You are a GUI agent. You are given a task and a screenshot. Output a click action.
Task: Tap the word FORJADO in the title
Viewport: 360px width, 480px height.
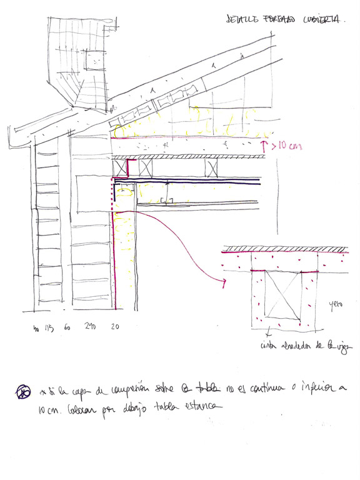tap(279, 20)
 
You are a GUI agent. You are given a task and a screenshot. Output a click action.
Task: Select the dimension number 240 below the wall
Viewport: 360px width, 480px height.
tap(90, 327)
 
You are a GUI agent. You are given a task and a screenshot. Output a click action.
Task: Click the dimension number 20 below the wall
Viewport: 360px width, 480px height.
tap(114, 327)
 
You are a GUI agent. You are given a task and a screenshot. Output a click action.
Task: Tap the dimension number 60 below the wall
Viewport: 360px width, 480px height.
tap(66, 327)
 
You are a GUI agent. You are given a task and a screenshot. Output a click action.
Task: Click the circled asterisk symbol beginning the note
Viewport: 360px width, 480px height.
tap(22, 392)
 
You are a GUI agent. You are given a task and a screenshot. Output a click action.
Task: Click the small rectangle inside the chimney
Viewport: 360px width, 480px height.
tap(93, 59)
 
